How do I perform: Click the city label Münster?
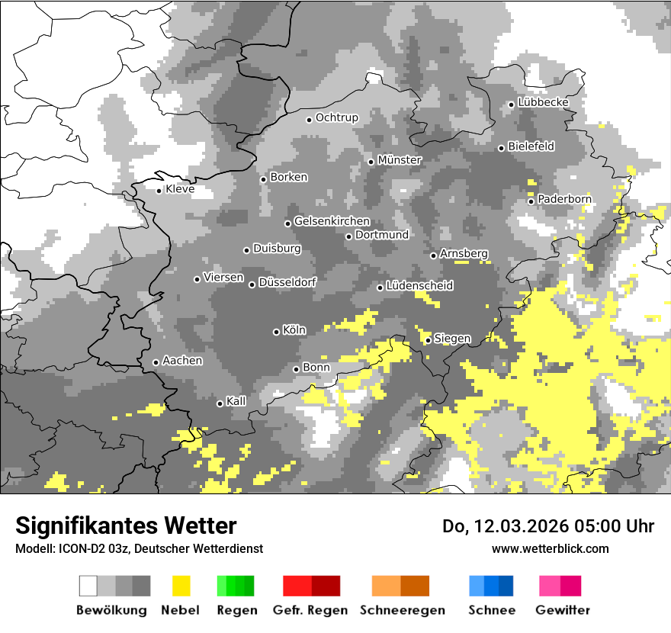(400, 160)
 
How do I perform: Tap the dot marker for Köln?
(276, 332)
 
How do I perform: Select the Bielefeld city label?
(531, 146)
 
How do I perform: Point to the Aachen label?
(182, 361)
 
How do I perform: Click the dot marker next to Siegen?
(428, 340)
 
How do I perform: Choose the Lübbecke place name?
(543, 102)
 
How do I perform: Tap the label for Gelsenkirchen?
(332, 221)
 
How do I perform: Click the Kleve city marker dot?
(159, 191)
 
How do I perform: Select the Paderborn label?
(564, 199)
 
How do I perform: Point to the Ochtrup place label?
(336, 117)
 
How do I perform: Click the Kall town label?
(236, 401)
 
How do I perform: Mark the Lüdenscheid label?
(419, 286)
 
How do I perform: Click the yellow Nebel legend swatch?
(181, 586)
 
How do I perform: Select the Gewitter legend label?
(562, 610)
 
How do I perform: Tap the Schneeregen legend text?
(402, 610)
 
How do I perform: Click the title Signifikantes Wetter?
(126, 525)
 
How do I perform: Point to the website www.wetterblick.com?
(550, 548)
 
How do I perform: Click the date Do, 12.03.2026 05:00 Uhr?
(548, 526)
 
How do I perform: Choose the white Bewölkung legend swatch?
(88, 586)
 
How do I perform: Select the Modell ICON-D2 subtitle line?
(139, 548)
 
